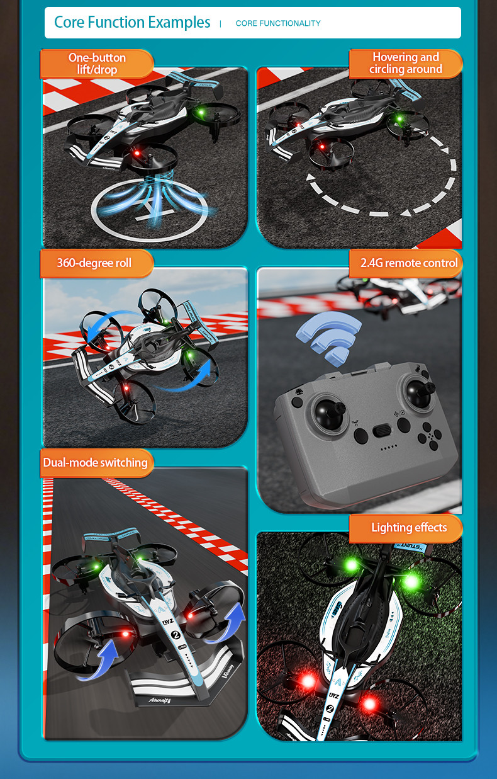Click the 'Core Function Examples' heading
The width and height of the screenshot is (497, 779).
click(132, 22)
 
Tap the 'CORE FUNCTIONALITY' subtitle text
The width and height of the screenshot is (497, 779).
click(278, 23)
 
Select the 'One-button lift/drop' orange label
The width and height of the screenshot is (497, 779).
click(97, 64)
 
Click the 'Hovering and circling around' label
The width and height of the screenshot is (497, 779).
click(406, 64)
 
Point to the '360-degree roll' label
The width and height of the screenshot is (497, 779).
click(94, 263)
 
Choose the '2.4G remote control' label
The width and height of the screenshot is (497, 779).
click(409, 263)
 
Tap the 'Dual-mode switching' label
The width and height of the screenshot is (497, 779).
click(95, 462)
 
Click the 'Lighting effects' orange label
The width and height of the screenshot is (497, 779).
click(409, 528)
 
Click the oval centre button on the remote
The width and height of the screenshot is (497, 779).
click(382, 431)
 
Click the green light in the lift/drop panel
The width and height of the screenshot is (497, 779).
click(201, 112)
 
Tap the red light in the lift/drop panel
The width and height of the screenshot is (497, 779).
click(137, 153)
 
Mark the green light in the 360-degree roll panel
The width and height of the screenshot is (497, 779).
click(190, 355)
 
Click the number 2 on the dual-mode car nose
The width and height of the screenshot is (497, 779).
click(176, 635)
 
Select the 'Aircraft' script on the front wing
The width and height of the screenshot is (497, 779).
click(159, 700)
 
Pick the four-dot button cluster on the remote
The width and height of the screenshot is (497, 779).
click(430, 436)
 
